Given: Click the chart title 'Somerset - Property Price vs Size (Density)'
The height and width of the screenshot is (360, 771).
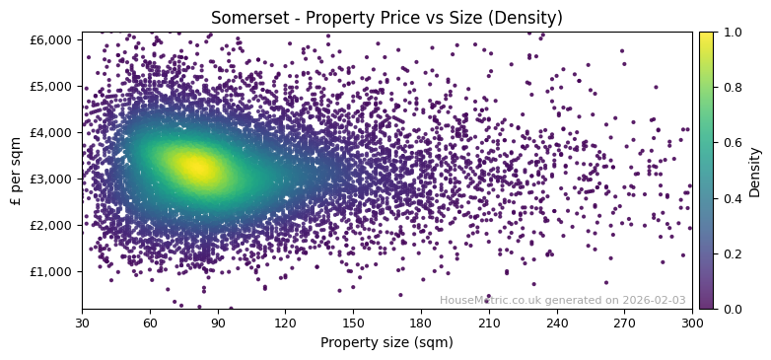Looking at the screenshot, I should coord(386,18).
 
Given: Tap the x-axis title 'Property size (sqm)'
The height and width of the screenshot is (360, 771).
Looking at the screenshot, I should coord(386,342).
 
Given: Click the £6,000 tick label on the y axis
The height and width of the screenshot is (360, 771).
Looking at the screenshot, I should coord(55,39).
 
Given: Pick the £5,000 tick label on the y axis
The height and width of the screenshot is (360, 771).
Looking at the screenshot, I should coord(55,86).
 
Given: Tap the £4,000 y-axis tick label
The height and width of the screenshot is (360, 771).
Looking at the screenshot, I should coord(55,132).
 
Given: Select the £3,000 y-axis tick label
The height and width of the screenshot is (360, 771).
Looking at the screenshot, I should coord(55,179).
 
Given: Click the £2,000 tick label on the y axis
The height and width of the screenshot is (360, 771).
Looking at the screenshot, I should coord(55,225).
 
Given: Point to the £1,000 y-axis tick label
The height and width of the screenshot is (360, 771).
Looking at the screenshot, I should coord(55,271).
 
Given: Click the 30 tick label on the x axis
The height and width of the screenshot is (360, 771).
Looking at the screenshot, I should coord(82,323).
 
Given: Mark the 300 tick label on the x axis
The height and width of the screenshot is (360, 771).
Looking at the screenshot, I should coord(692,323).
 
